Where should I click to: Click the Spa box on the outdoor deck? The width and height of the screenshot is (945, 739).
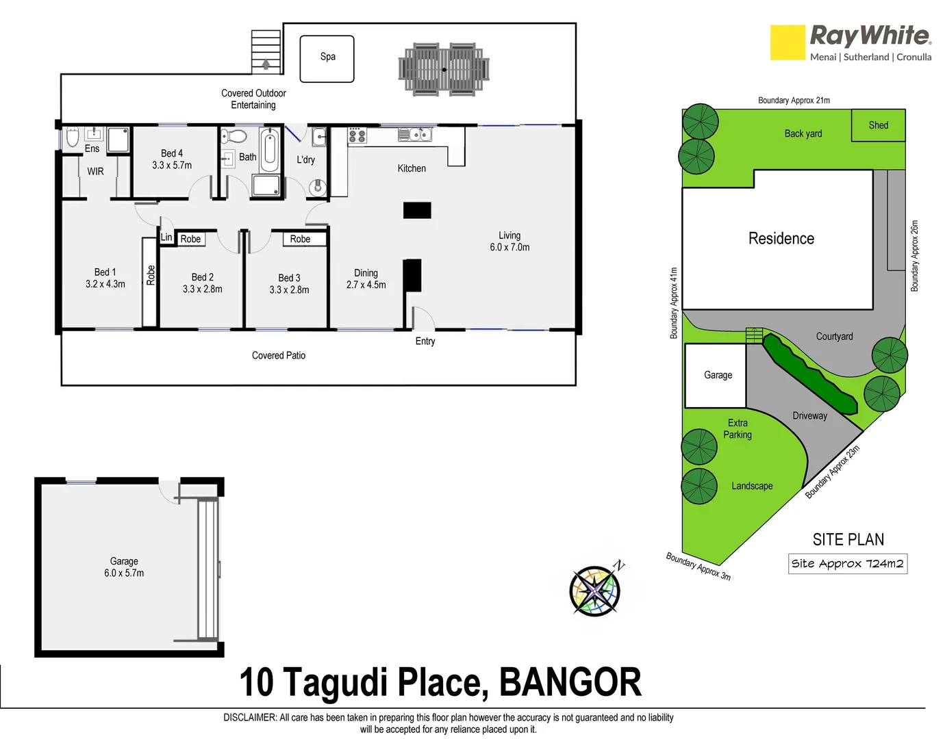[x=327, y=59]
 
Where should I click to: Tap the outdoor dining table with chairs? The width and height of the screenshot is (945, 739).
[x=444, y=69]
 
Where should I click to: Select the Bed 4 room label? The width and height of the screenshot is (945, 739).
[x=172, y=159]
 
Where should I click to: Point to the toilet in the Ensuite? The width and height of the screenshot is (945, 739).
[x=73, y=138]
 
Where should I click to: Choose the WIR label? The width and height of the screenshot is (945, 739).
[x=95, y=172]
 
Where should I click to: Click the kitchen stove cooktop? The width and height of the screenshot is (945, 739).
[x=357, y=135]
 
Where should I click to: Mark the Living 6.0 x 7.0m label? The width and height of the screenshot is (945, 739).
[x=509, y=242]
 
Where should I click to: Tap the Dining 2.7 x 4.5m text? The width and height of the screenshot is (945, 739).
[x=366, y=278]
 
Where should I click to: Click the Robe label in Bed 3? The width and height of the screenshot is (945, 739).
[x=300, y=239]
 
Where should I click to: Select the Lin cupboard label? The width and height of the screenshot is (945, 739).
[x=166, y=237]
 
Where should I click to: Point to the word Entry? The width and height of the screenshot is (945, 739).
[x=425, y=341]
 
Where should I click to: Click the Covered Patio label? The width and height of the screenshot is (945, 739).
[x=279, y=356]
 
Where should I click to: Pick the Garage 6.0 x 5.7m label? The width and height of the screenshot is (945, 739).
[x=124, y=567]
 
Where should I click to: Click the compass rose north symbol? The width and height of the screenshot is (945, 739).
[x=596, y=589]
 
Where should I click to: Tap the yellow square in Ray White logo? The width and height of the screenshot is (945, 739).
[x=787, y=42]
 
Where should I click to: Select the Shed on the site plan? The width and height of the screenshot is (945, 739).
[x=878, y=125]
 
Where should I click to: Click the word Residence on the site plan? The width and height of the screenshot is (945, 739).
[x=781, y=239]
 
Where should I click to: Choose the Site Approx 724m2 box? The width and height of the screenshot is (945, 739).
[x=848, y=564]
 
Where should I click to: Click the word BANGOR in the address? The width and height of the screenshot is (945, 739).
[x=570, y=683]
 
